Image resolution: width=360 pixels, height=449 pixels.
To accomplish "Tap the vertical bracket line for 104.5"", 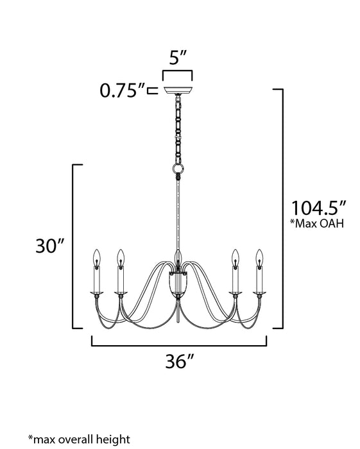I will (282, 208).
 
